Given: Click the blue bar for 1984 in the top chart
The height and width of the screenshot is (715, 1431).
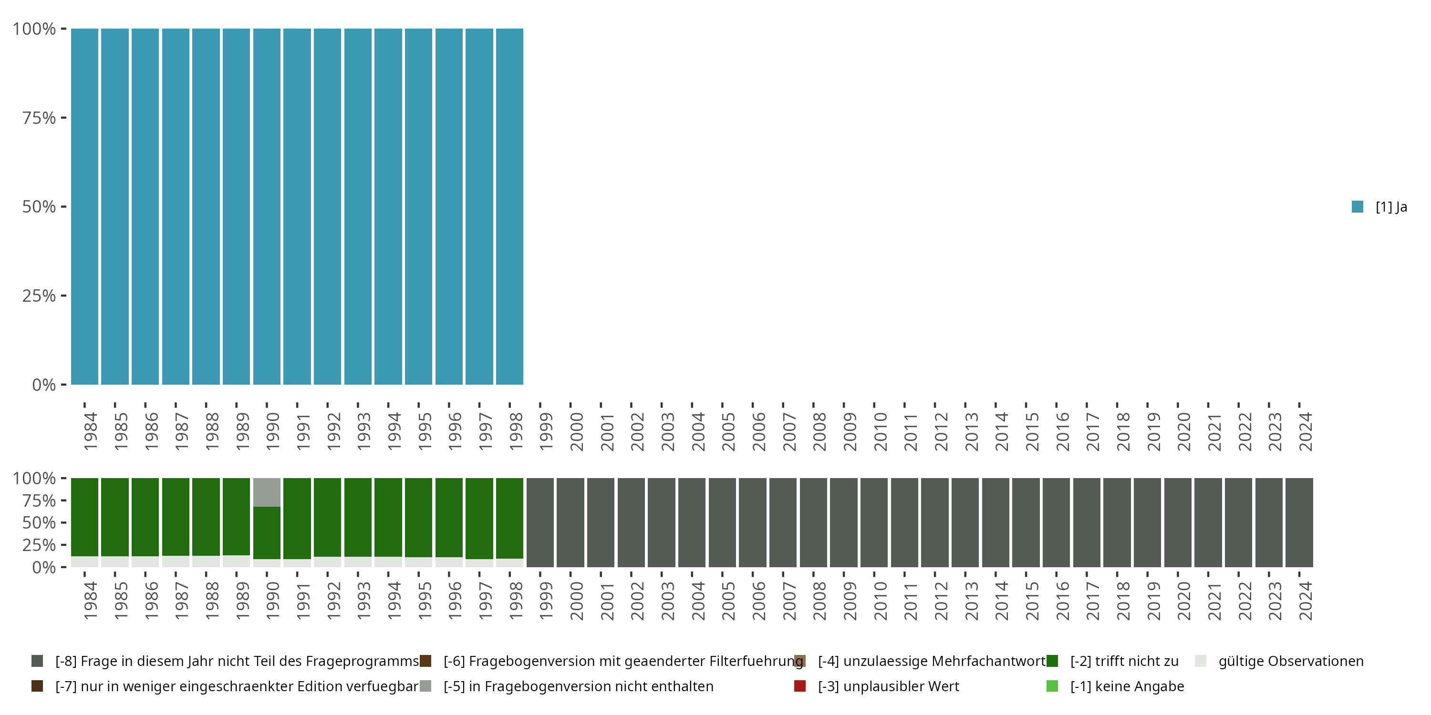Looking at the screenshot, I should click(84, 206).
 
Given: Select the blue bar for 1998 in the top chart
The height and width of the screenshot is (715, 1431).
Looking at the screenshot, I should click(509, 206).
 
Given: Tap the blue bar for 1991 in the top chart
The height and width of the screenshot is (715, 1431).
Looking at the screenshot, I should click(297, 206).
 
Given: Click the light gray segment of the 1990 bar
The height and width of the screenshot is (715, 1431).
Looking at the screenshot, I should click(267, 492).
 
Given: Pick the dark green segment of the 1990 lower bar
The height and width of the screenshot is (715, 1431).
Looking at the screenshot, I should click(267, 532).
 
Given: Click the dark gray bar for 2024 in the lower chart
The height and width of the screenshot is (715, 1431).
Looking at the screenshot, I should click(1299, 522).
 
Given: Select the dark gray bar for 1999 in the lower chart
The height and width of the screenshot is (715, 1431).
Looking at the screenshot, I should click(540, 522).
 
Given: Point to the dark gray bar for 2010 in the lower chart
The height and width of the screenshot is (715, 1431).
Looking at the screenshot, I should click(874, 522).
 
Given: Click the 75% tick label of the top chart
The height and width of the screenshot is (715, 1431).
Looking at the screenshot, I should click(39, 118).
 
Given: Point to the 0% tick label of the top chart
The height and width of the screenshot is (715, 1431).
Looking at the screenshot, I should click(44, 385).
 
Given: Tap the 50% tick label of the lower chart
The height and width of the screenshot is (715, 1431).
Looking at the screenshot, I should click(39, 523).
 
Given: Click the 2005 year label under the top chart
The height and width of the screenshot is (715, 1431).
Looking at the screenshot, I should click(728, 431).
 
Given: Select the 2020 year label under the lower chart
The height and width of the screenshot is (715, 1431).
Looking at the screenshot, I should click(1184, 601).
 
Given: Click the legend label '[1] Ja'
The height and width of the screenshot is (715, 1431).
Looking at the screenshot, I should click(1391, 207).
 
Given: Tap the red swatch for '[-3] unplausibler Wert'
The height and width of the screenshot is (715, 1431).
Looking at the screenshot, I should click(800, 686).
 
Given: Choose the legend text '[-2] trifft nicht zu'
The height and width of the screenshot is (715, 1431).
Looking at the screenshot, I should click(1124, 661).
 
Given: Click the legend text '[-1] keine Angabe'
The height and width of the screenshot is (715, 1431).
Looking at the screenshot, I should click(1127, 686).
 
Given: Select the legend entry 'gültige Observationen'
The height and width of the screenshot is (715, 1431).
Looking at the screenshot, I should click(1290, 661).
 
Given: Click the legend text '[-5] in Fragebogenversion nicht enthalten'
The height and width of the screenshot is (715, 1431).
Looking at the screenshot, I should click(578, 686).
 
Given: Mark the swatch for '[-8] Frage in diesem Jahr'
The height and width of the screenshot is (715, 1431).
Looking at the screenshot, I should click(37, 661).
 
